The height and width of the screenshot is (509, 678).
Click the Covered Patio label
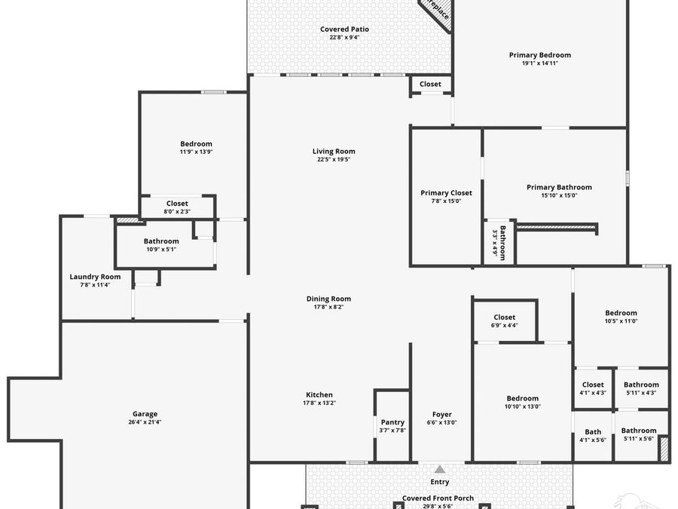pos(344,29)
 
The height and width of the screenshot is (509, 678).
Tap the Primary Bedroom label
pos(539,55)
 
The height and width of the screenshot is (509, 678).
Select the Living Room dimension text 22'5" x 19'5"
pos(334,160)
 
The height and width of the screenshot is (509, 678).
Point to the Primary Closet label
pos(446,193)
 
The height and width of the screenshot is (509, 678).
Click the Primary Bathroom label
pos(559,187)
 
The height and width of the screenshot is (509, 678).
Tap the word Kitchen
pos(319,395)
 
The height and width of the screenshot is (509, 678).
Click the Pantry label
pos(392,422)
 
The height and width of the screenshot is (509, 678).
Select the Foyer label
pos(441,414)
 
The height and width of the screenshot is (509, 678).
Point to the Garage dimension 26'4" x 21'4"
pos(145,422)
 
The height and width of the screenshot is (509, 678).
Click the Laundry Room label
pos(95,277)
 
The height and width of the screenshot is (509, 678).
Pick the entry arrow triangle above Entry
pos(439,469)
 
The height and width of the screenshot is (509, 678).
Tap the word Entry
pos(439,482)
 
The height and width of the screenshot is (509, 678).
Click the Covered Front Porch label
pos(438,498)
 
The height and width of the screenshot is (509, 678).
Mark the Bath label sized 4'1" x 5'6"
pos(593,432)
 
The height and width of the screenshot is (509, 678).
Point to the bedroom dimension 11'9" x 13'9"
pos(196,152)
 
